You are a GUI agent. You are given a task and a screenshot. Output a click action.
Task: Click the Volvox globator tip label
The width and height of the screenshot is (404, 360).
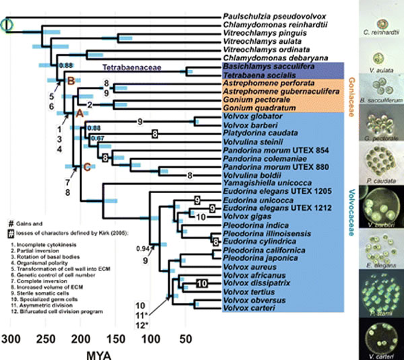pyautogui.click(x=246, y=116)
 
